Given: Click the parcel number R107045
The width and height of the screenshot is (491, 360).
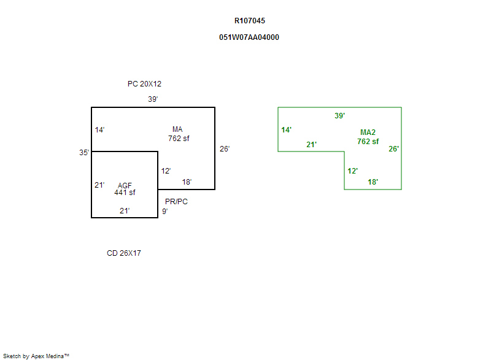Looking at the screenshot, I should [250, 21].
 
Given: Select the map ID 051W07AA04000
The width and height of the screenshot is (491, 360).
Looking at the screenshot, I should [249, 37].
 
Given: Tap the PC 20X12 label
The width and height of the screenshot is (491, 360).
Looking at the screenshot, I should [144, 84].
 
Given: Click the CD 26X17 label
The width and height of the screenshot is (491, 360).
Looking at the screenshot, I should [124, 253].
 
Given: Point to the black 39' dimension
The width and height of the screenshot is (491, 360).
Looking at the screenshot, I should [153, 99].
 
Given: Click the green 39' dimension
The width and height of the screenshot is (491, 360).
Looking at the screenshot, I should [339, 116].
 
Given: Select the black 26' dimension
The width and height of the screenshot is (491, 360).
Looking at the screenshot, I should [225, 148].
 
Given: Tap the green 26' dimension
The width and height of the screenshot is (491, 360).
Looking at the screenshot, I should [393, 148].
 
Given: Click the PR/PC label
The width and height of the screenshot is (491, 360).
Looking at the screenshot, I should [176, 202].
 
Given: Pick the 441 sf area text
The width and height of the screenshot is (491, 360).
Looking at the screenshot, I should [125, 193].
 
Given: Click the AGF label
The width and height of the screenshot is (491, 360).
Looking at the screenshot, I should [125, 185].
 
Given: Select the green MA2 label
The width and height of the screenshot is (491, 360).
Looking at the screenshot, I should [368, 132].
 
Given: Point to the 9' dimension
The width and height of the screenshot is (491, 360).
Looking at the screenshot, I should [164, 212].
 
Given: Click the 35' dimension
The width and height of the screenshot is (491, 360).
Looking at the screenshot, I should [84, 153].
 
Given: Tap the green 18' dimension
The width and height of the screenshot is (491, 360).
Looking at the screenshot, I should [373, 182].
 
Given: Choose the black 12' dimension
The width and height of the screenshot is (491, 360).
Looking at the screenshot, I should [166, 171].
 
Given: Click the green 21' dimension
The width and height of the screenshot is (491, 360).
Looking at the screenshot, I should [311, 145].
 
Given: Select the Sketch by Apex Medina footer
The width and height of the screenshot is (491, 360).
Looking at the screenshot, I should [36, 356].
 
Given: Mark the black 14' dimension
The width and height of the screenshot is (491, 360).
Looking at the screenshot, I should [99, 130].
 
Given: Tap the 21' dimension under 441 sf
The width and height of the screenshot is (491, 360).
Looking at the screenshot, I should [124, 212].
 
